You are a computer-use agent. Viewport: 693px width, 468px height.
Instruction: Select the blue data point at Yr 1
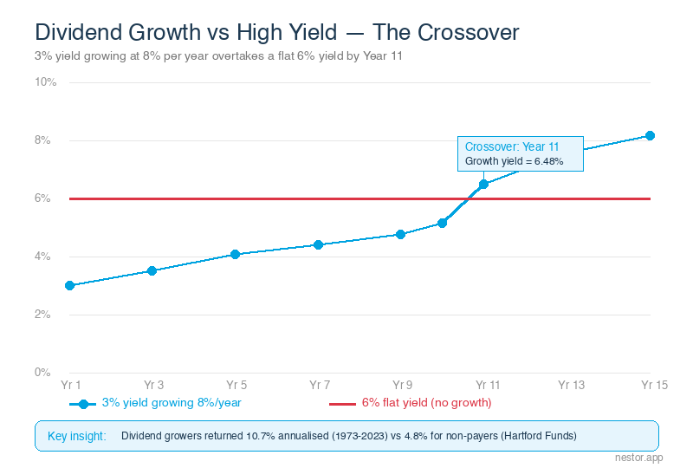69,285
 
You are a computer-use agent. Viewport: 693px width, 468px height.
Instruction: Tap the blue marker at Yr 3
152,270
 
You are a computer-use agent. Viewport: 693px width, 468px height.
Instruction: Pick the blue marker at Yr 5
235,254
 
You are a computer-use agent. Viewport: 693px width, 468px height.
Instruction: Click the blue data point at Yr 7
318,244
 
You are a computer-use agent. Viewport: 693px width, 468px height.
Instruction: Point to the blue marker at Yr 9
400,234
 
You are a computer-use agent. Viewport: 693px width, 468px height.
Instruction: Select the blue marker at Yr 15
650,135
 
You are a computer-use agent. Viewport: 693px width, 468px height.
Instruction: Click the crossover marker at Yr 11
483,184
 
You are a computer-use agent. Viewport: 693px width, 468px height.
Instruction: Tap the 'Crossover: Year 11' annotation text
512,147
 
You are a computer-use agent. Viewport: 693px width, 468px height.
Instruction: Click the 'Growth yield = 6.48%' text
515,161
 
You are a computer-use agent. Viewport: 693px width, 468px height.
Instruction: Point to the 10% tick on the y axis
46,82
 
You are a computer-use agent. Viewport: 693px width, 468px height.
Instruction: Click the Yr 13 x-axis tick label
571,384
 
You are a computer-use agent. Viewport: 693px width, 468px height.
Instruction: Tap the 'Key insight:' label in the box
76,435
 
